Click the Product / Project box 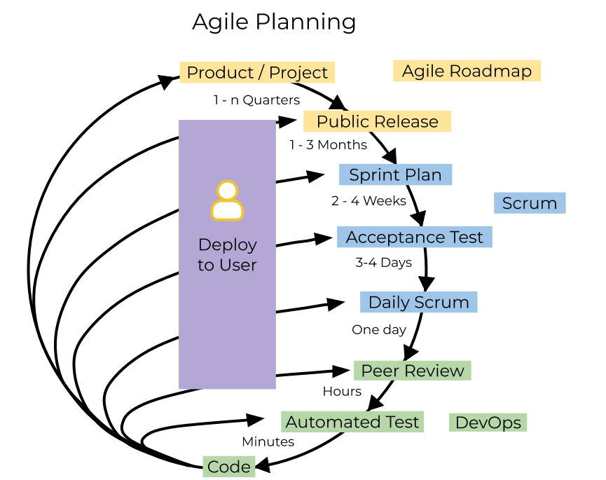coord(257,73)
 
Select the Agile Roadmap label coord(467,71)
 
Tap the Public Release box coord(377,121)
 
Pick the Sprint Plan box coord(395,174)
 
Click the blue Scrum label coord(530,203)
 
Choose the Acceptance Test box coord(414,237)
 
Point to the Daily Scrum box coord(418,302)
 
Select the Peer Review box coord(412,371)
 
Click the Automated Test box coord(352,422)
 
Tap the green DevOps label coord(488,423)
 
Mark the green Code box coord(229,467)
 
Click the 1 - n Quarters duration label coord(252,100)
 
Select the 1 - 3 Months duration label coord(328,145)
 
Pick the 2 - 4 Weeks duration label coord(365,200)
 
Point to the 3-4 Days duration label coord(381,262)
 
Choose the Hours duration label coord(331,391)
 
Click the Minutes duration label coord(264,441)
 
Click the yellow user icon coord(227,201)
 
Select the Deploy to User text coord(227,254)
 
